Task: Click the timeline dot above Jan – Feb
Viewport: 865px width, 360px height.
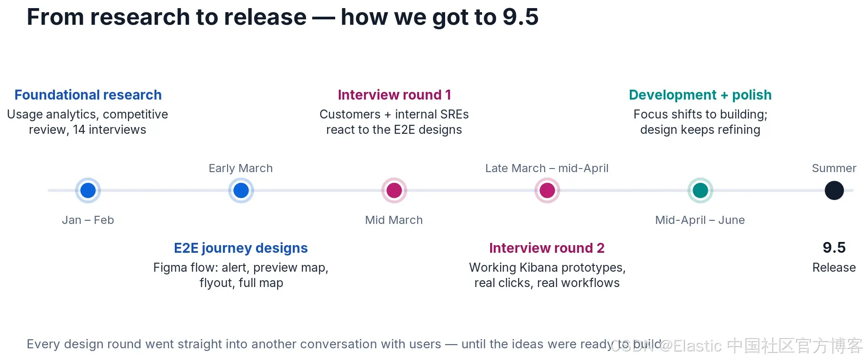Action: click(88, 191)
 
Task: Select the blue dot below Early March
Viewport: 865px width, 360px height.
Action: click(241, 191)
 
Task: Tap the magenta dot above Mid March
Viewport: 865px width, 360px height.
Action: click(394, 191)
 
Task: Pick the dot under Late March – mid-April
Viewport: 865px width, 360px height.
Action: click(547, 191)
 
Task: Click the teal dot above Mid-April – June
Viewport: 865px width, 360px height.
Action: click(700, 191)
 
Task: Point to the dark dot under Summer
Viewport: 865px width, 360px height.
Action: click(834, 191)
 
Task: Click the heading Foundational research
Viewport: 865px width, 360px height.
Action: click(88, 95)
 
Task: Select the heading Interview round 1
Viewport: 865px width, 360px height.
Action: click(394, 95)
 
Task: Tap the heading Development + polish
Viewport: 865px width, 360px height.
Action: click(700, 95)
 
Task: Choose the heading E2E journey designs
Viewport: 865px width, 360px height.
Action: click(241, 248)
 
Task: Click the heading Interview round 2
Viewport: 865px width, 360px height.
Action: click(547, 248)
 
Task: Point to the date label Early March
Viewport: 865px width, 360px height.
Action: click(241, 169)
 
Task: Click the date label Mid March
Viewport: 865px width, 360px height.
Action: click(394, 220)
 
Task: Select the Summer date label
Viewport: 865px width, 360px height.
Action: click(834, 168)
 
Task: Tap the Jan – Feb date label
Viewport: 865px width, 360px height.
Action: click(88, 220)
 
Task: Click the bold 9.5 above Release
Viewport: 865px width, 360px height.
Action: click(834, 247)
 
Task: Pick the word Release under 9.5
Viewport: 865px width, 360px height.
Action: click(834, 268)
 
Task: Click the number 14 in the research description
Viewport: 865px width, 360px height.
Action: click(79, 130)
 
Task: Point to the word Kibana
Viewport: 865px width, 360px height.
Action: click(539, 268)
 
